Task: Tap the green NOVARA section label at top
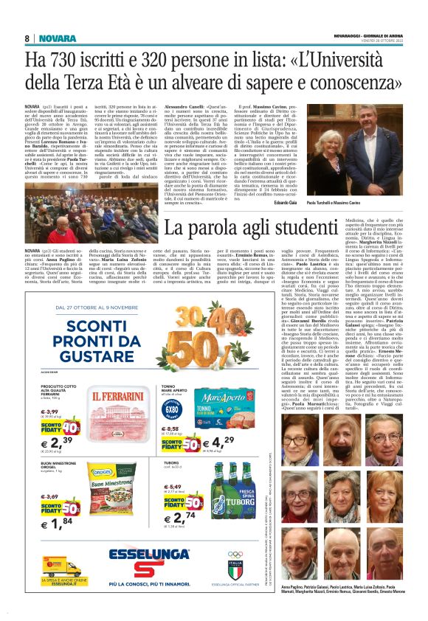[57, 38]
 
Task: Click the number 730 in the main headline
[75, 60]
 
